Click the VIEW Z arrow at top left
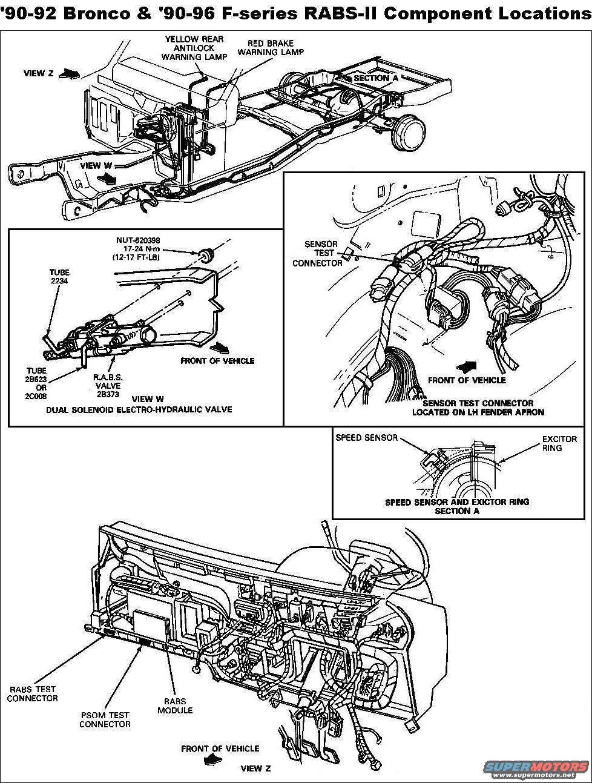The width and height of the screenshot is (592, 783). (x=71, y=73)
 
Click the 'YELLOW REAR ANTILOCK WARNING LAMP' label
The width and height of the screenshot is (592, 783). (x=194, y=48)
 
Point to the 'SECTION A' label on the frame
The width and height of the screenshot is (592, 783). (x=376, y=78)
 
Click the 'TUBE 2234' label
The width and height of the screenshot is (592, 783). (x=59, y=277)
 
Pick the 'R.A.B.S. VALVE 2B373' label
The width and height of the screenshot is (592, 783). (x=108, y=385)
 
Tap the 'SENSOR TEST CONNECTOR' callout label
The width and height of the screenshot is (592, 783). (x=317, y=254)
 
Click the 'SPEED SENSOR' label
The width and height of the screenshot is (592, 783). (x=366, y=437)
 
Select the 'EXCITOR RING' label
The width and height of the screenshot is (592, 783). (x=559, y=443)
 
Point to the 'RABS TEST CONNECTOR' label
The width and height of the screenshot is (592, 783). (x=33, y=693)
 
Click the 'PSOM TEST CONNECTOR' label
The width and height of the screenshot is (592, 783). (x=105, y=719)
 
